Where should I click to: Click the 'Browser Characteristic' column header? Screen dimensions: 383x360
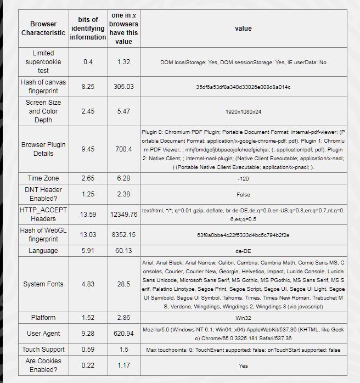tap(43, 28)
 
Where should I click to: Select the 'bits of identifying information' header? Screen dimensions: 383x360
tap(88, 28)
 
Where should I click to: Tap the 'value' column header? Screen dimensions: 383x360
tap(243, 28)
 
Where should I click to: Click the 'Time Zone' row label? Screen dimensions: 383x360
tap(43, 178)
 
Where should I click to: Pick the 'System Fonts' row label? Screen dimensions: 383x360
tap(43, 284)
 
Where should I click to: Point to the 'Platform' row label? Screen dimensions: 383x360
tap(43, 318)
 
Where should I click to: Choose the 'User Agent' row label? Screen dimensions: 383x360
tap(43, 334)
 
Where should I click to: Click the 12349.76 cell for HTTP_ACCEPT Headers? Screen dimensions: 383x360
tap(123, 215)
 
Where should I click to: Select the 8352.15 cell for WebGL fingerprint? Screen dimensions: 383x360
tap(123, 235)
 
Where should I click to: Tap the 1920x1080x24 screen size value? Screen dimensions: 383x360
tap(243, 111)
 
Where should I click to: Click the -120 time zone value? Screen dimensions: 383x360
tap(243, 178)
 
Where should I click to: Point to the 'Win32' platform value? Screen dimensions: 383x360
tap(243, 318)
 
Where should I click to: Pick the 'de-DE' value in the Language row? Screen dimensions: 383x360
tap(243, 251)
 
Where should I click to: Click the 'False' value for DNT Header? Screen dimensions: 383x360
tap(243, 194)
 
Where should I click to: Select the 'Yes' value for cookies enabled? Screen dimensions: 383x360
tap(243, 365)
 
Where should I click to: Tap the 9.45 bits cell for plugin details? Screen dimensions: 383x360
tap(88, 149)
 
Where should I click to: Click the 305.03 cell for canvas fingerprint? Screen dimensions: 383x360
tap(123, 87)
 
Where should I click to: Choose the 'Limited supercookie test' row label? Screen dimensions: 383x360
tap(43, 62)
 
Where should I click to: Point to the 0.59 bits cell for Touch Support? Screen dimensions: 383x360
tap(88, 350)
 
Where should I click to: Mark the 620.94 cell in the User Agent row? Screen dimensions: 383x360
tap(123, 334)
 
